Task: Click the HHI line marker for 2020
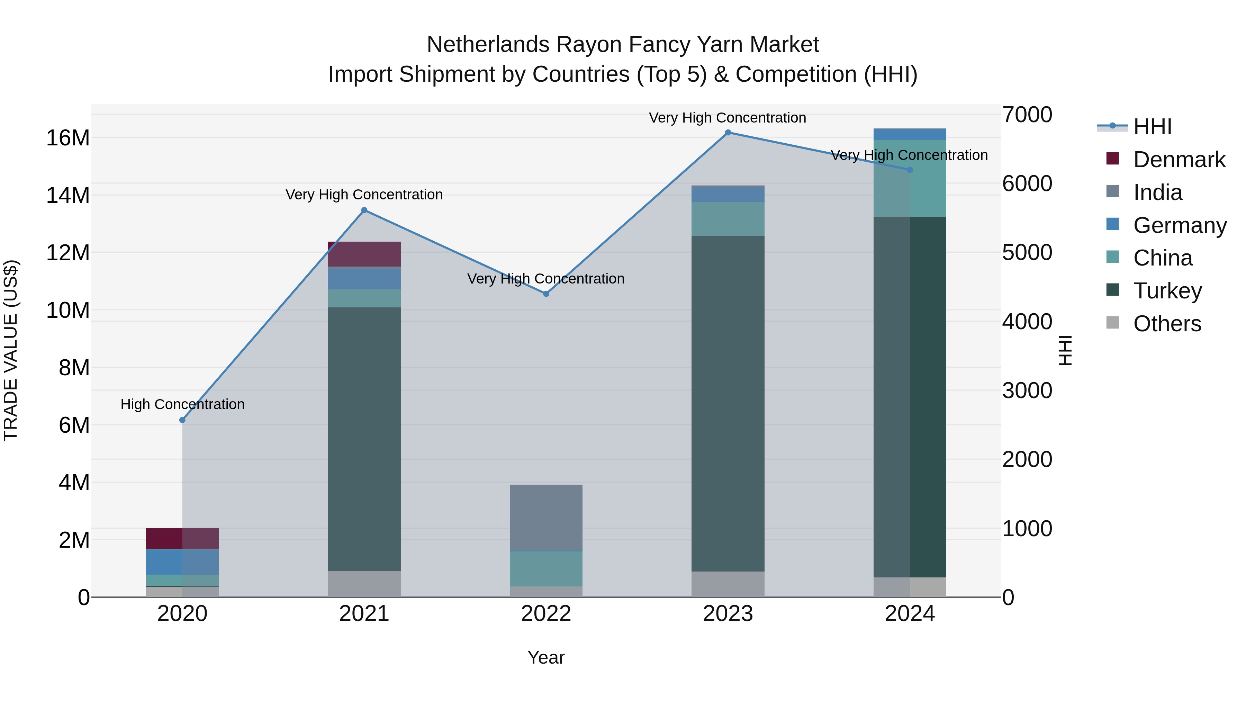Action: (x=182, y=420)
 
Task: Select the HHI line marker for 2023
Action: (x=728, y=133)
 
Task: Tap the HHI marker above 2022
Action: (x=546, y=294)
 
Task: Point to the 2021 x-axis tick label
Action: (x=364, y=614)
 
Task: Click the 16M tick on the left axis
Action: (x=68, y=138)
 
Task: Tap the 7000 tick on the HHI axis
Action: (x=1027, y=115)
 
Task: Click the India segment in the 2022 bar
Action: (x=546, y=518)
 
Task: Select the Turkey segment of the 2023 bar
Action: (x=728, y=404)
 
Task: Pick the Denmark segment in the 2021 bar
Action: (x=364, y=254)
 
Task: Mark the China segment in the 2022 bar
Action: (x=546, y=568)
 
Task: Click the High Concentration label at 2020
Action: (x=182, y=404)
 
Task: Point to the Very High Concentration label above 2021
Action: (x=364, y=195)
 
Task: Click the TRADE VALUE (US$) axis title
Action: (x=11, y=350)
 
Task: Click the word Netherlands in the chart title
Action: (x=488, y=45)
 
